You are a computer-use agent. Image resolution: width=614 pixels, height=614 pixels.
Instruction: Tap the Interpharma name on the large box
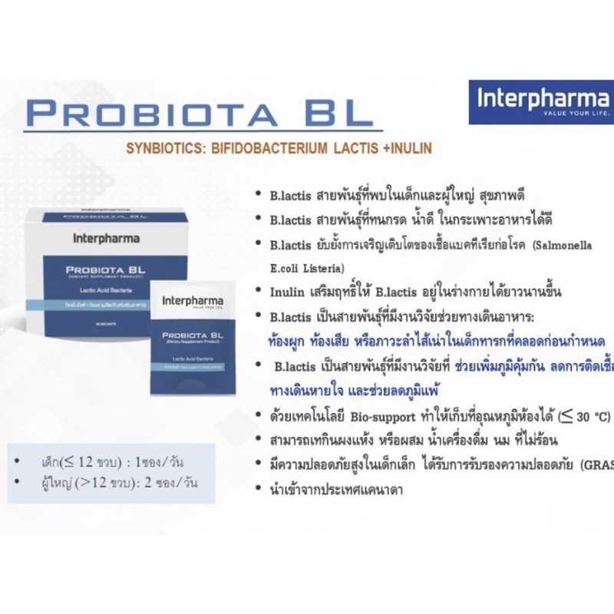(106, 237)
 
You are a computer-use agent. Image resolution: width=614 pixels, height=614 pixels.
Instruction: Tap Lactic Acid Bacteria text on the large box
(104, 292)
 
